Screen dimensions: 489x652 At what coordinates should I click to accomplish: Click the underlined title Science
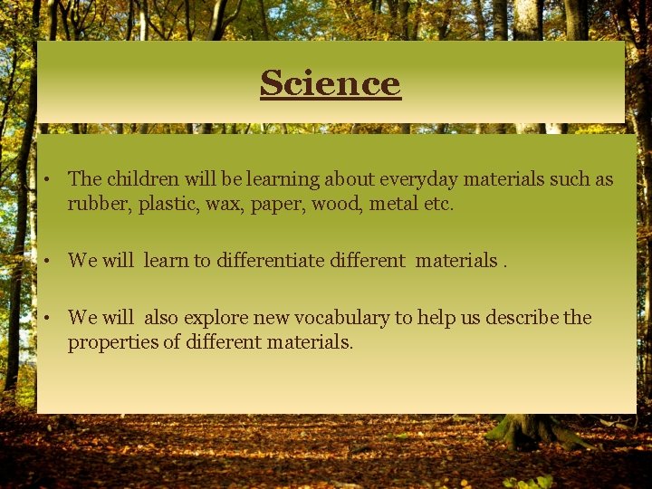coord(330,83)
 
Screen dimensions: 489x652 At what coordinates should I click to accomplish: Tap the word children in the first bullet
coord(140,179)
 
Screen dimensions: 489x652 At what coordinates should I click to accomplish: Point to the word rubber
coord(100,204)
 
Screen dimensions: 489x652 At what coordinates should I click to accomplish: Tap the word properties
coord(110,342)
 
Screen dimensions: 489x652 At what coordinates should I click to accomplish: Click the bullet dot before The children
coord(44,180)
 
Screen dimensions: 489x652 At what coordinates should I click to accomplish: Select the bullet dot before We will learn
coord(44,262)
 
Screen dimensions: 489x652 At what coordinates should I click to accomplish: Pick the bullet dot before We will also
coord(44,319)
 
